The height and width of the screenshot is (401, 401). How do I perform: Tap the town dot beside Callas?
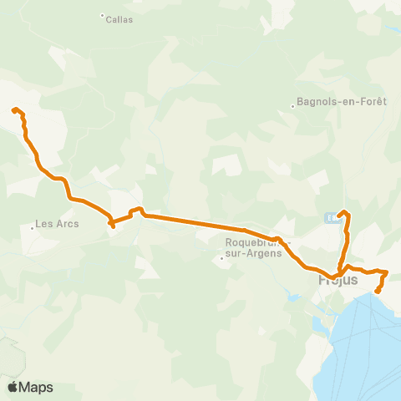(102, 14)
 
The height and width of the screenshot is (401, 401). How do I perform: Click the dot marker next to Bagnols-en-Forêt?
(292, 106)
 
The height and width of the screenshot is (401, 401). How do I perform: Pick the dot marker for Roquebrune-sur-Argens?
(221, 258)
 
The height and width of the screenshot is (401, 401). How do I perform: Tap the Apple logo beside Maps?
(13, 387)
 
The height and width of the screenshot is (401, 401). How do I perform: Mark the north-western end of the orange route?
(13, 109)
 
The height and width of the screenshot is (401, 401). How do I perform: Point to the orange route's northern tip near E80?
(344, 211)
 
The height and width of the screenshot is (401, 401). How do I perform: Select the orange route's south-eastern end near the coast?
(378, 291)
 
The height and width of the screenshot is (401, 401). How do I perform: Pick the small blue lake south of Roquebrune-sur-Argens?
(292, 297)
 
